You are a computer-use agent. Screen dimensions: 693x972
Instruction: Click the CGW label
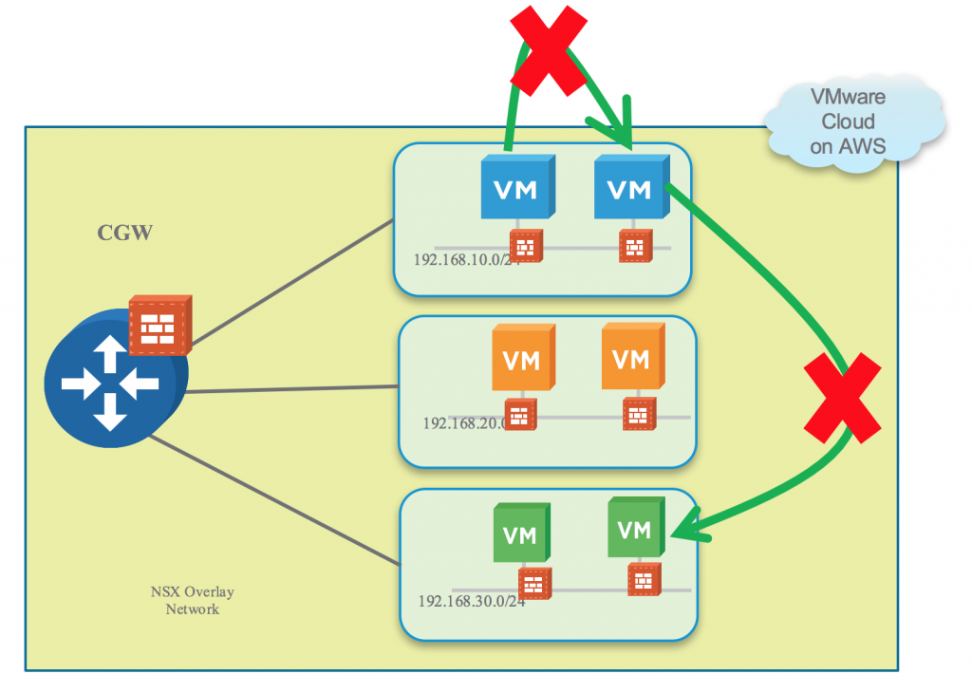124,233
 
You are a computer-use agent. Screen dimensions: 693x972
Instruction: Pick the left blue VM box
515,190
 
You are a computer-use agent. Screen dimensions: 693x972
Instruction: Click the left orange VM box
520,361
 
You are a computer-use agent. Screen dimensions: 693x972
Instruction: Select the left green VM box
519,534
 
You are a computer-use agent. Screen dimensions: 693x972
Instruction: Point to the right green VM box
633,528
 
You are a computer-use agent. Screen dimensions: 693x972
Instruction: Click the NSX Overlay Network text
192,601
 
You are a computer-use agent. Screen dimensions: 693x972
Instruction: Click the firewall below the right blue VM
633,247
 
